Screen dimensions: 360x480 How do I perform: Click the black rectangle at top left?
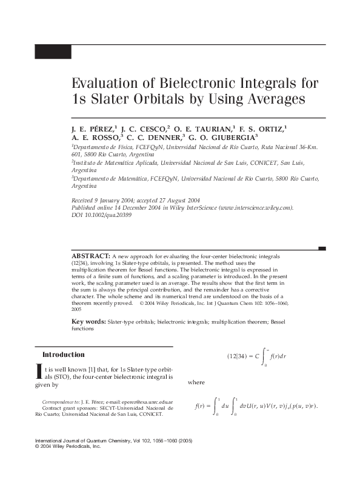pos(53,52)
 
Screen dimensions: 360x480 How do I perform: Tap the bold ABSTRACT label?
pos(90,257)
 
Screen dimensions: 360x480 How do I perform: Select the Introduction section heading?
pos(63,355)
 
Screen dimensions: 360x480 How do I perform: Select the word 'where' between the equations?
pos(196,383)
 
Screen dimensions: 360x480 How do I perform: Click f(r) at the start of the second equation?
pos(199,405)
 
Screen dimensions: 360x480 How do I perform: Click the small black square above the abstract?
pos(322,248)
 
